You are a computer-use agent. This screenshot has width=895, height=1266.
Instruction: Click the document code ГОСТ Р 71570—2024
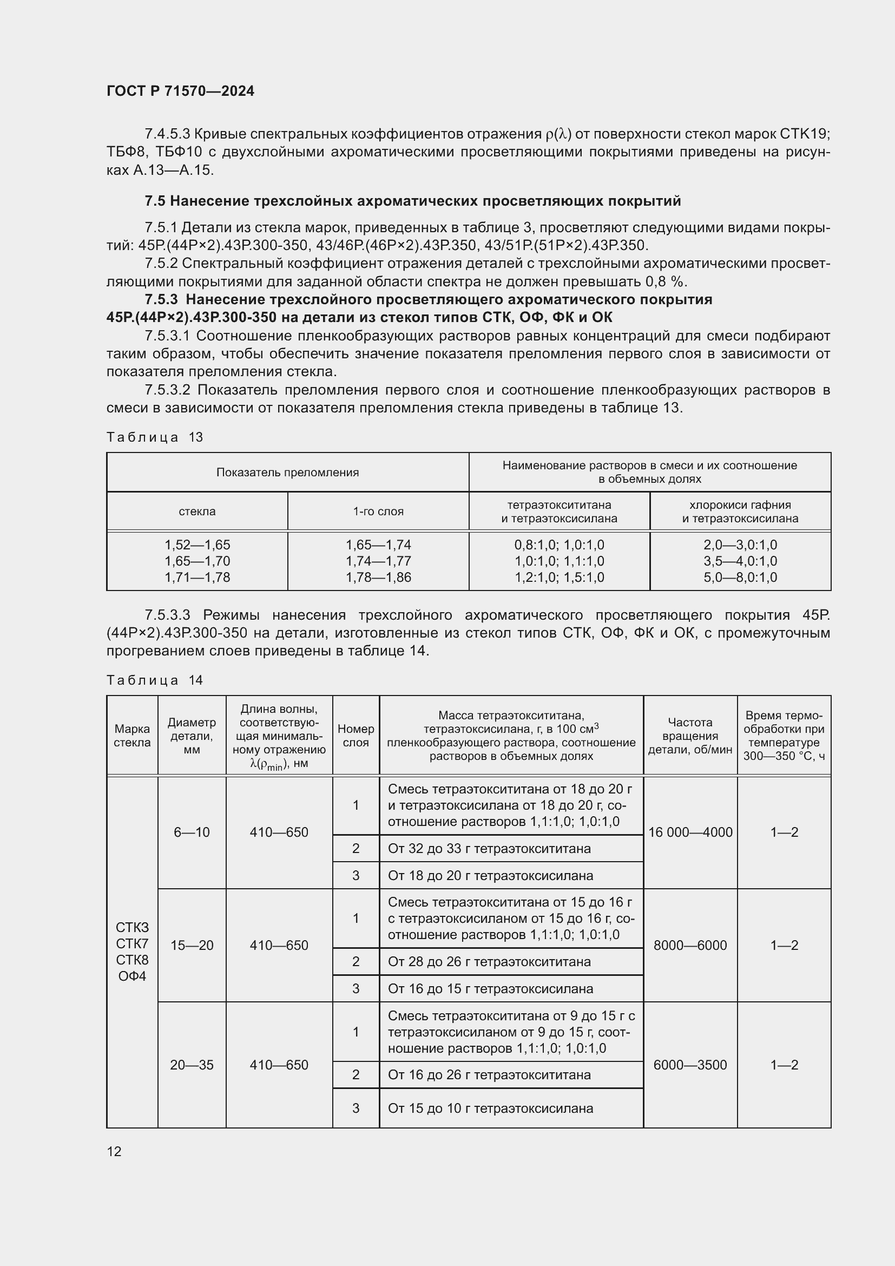(180, 91)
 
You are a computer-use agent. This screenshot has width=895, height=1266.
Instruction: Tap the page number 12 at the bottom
(114, 1151)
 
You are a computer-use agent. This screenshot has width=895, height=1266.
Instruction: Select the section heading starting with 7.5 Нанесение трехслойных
(413, 201)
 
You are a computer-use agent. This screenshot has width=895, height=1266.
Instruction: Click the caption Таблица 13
(155, 437)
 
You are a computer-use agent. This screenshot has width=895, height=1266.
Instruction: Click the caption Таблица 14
(155, 680)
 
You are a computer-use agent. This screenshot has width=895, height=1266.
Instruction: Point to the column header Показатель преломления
(287, 473)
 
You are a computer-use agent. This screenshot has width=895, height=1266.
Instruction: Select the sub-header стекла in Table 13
(197, 511)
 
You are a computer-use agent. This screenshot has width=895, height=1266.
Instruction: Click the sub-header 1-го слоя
(378, 511)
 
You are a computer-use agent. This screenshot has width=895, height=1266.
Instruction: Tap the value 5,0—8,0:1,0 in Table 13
(740, 578)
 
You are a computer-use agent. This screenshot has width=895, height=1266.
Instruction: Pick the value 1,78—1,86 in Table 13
(378, 578)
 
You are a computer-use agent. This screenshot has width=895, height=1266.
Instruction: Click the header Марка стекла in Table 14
(132, 736)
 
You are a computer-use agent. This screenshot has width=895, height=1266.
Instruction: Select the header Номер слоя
(356, 736)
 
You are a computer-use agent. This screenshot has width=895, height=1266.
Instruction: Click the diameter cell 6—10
(192, 832)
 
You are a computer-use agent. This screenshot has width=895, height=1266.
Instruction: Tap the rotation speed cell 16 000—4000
(690, 832)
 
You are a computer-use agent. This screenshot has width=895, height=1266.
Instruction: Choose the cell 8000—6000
(690, 945)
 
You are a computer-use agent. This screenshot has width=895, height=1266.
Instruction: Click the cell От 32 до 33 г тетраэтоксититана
(489, 848)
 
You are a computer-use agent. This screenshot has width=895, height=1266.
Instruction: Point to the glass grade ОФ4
(132, 976)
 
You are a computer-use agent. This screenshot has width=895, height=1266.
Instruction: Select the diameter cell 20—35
(192, 1065)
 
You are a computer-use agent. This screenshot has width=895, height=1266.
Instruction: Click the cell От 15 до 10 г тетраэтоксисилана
(490, 1108)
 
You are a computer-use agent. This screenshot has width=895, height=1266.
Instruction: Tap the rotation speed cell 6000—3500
(690, 1065)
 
